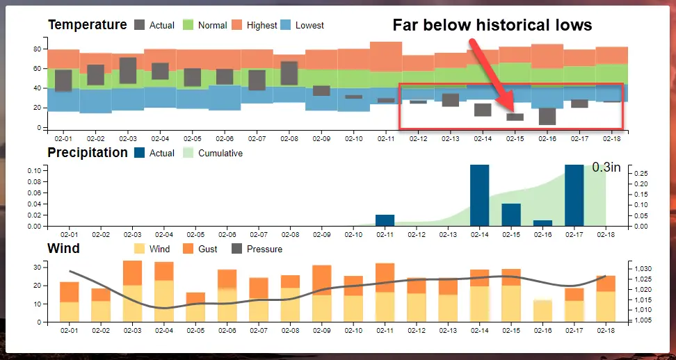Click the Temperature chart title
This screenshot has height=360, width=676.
pyautogui.click(x=87, y=25)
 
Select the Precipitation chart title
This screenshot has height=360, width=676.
pyautogui.click(x=88, y=152)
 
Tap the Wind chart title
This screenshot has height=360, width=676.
pyautogui.click(x=63, y=248)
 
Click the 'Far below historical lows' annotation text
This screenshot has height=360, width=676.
pyautogui.click(x=492, y=26)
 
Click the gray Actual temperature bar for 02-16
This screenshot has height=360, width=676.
pyautogui.click(x=547, y=116)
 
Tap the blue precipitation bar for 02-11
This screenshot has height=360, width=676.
pyautogui.click(x=385, y=220)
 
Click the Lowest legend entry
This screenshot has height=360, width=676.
pyautogui.click(x=301, y=25)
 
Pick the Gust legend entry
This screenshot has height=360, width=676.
pyautogui.click(x=199, y=249)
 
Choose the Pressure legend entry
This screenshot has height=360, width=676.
pyautogui.click(x=257, y=249)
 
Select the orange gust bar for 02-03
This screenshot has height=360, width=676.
pyautogui.click(x=132, y=273)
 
